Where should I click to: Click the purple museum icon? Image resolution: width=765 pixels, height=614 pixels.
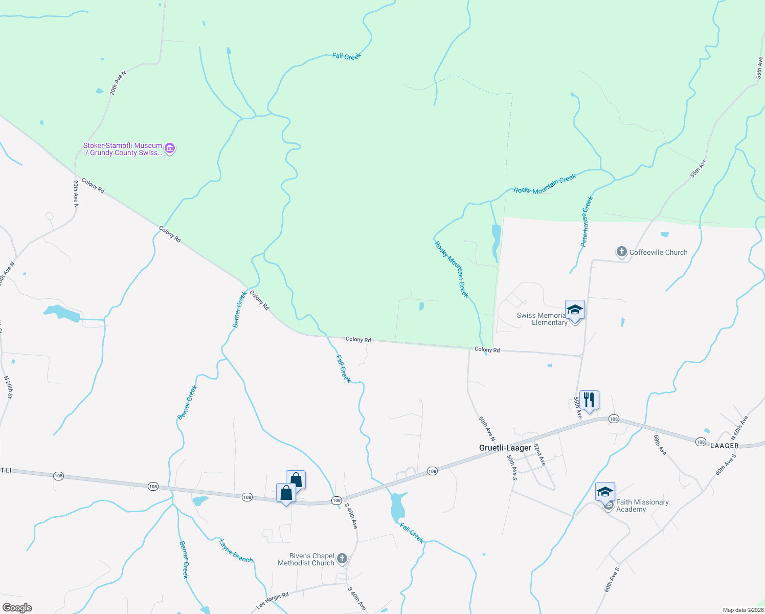pyautogui.click(x=170, y=149)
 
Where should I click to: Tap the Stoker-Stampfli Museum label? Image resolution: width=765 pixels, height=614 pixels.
pyautogui.click(x=123, y=149)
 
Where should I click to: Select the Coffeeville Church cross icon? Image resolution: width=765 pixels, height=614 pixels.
pyautogui.click(x=621, y=252)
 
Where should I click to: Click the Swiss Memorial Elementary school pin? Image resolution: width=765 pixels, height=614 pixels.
pyautogui.click(x=575, y=310)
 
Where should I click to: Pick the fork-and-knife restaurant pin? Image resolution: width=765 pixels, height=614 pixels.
pyautogui.click(x=589, y=400)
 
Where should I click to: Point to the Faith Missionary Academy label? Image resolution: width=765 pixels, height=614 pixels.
pyautogui.click(x=642, y=506)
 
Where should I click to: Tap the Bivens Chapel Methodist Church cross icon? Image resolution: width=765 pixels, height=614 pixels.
pyautogui.click(x=342, y=559)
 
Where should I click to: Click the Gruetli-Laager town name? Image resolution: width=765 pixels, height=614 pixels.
pyautogui.click(x=505, y=448)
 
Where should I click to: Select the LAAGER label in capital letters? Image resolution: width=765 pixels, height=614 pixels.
pyautogui.click(x=725, y=446)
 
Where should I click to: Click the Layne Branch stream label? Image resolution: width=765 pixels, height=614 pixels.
pyautogui.click(x=236, y=551)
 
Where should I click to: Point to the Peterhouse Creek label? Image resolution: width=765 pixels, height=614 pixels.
pyautogui.click(x=587, y=222)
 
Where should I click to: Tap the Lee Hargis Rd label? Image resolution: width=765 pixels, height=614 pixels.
pyautogui.click(x=273, y=601)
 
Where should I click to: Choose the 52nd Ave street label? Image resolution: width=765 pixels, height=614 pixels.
pyautogui.click(x=539, y=454)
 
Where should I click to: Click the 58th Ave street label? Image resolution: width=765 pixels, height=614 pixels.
pyautogui.click(x=660, y=444)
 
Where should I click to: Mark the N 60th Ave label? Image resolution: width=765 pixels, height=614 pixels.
pyautogui.click(x=739, y=428)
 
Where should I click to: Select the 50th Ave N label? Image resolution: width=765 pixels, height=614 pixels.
pyautogui.click(x=486, y=429)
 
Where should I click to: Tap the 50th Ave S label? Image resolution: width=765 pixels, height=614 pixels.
pyautogui.click(x=512, y=467)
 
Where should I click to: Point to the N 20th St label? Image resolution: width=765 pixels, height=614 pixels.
pyautogui.click(x=9, y=387)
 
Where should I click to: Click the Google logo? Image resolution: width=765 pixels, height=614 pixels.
pyautogui.click(x=17, y=608)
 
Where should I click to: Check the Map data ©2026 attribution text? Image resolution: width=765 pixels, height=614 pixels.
pyautogui.click(x=743, y=610)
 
